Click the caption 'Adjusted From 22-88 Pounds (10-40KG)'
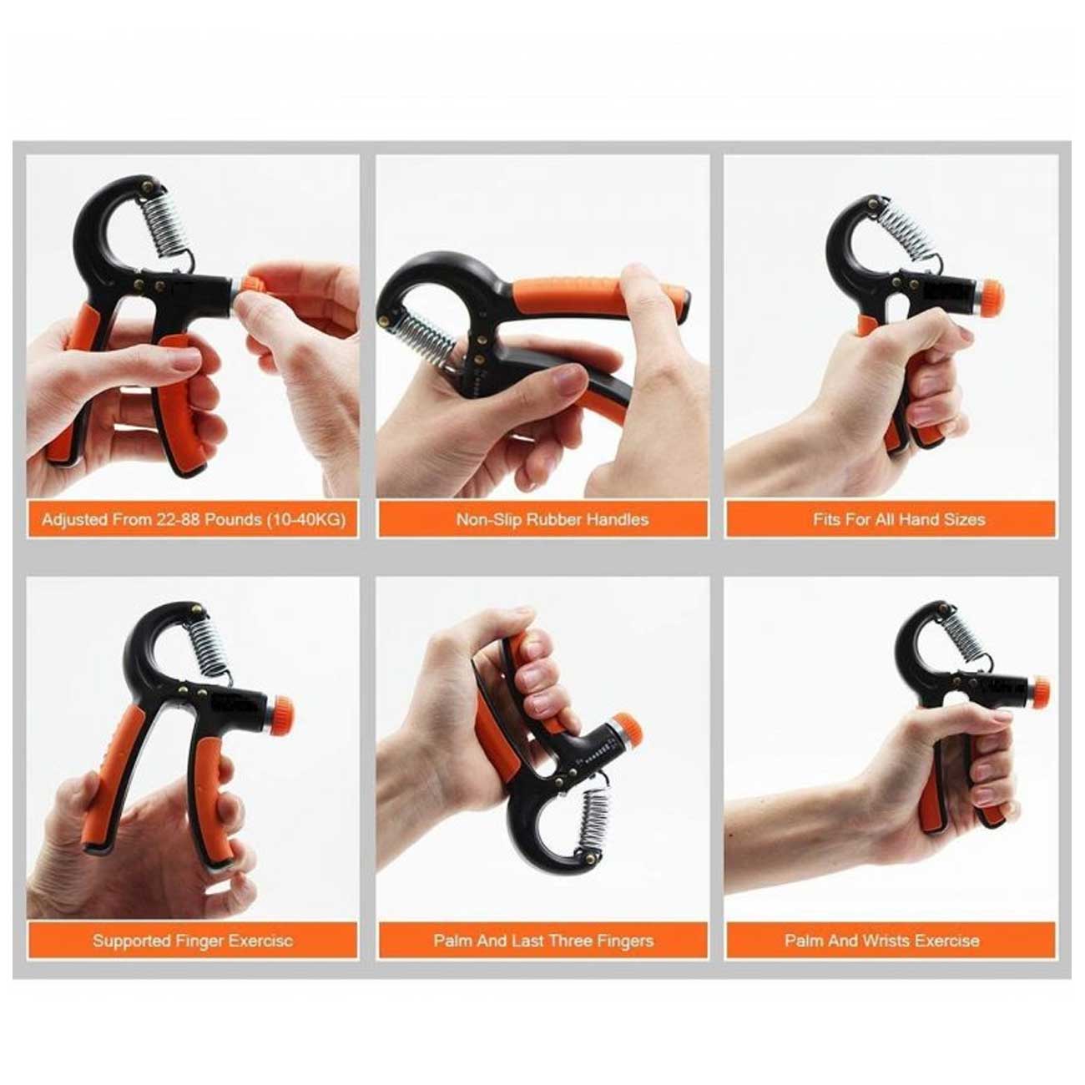193,519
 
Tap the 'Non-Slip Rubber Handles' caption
553,519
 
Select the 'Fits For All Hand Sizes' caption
899,519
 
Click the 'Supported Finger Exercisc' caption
193,941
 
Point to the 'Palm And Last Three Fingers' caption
543,941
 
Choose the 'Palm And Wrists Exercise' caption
882,941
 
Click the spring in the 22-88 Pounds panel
167,220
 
